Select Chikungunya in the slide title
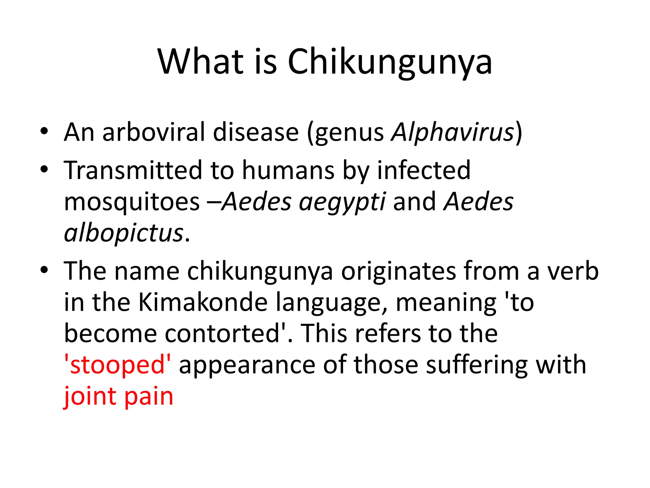tap(390, 62)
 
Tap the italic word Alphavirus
tap(453, 132)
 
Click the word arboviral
tap(154, 132)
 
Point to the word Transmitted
tap(133, 170)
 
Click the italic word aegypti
tap(342, 202)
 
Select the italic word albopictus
tap(124, 233)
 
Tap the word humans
tap(288, 170)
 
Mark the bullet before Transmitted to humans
tap(44, 169)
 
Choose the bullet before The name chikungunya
tap(44, 270)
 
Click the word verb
tap(573, 271)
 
